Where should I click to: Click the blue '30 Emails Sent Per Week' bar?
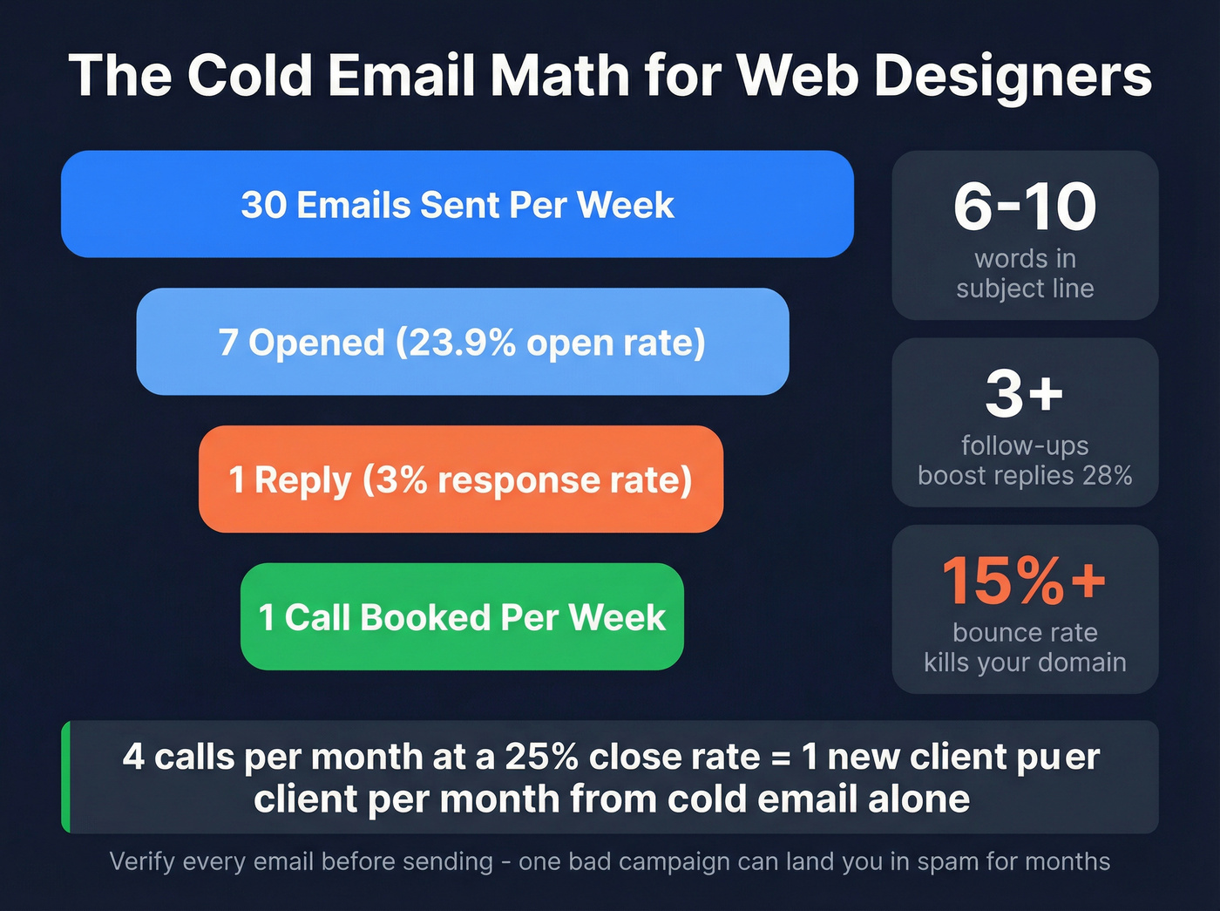coord(457,205)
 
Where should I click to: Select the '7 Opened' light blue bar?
coord(462,342)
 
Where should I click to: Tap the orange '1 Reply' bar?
coord(460,479)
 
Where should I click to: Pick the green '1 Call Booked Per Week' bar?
coord(462,617)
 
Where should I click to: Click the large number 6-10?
coord(1025,207)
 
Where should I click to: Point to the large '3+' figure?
coord(1025,393)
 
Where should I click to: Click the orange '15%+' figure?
coord(1025,581)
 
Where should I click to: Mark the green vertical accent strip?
coord(65,777)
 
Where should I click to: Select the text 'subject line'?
coord(1025,288)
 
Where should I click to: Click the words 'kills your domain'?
coord(1025,663)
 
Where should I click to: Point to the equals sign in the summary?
coord(781,758)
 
